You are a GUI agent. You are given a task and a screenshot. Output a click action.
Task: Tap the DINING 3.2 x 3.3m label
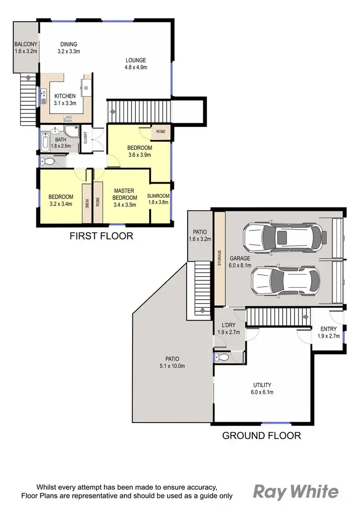coord(67,48)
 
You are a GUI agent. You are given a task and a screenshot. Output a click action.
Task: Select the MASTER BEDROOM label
coord(124,197)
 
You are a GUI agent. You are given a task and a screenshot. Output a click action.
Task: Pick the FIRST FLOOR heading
coord(101,236)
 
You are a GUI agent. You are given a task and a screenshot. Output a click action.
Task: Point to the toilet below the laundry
coord(221,357)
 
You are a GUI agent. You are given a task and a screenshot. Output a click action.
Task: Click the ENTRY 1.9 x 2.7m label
coord(328,332)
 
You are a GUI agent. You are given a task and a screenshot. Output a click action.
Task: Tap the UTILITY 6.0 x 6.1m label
coord(263,388)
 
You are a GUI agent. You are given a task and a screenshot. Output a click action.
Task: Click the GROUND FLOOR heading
coord(261,436)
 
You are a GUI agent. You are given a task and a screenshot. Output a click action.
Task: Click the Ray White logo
coord(296,492)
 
